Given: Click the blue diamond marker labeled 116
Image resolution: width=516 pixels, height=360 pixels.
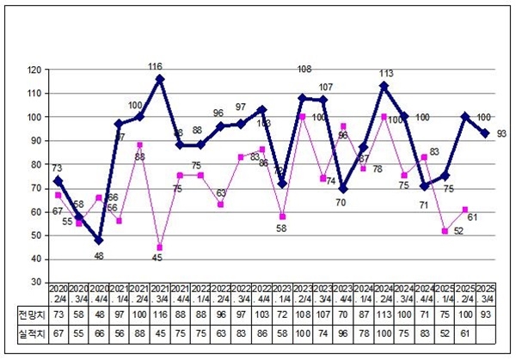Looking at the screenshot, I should click(x=160, y=79).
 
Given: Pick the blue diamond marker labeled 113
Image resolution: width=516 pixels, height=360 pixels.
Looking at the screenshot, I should click(x=384, y=86).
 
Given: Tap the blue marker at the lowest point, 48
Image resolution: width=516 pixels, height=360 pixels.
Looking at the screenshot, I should click(x=98, y=240).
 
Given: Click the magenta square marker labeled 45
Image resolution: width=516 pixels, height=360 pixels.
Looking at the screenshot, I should click(x=160, y=247).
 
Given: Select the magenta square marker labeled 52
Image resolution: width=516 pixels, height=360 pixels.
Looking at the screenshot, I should click(x=445, y=230).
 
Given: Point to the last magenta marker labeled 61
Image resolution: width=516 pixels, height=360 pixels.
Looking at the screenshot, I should click(x=465, y=210).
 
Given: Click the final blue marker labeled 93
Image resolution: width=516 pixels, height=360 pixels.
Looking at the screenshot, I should click(x=486, y=133).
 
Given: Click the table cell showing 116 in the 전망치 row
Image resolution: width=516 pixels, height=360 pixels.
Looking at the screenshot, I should click(x=160, y=315).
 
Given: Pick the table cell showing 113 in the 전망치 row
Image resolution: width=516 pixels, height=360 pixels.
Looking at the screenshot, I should click(x=384, y=315).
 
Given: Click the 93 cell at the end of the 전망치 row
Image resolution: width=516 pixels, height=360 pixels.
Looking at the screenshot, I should click(x=486, y=315).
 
